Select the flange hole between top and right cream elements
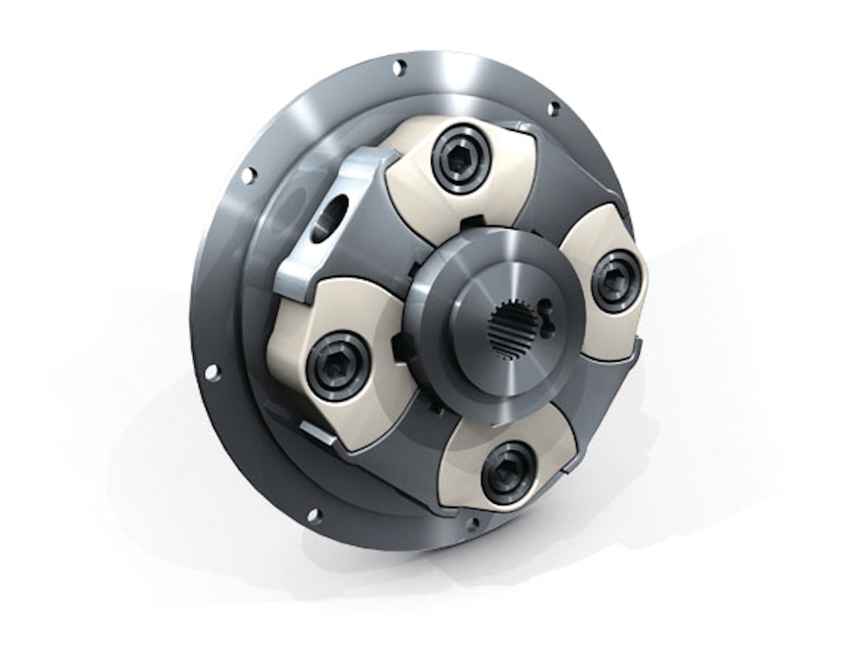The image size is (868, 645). click(x=553, y=109)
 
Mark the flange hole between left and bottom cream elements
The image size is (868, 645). click(x=313, y=515)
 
